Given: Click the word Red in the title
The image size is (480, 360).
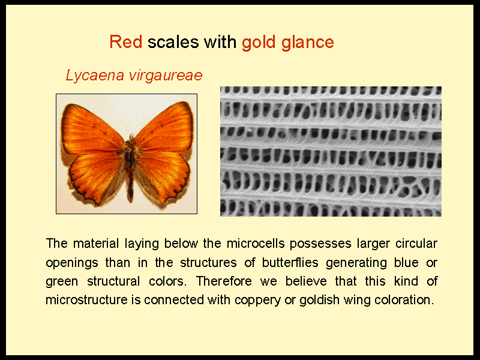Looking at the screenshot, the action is pyautogui.click(x=126, y=42).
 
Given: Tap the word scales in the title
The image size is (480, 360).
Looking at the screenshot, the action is pyautogui.click(x=173, y=42).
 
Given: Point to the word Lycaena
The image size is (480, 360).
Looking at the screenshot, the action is pyautogui.click(x=95, y=76).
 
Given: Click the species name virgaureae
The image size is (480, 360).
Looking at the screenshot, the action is pyautogui.click(x=166, y=76).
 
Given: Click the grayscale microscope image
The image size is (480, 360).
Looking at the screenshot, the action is pyautogui.click(x=331, y=151).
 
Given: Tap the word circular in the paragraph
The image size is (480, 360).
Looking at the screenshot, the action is pyautogui.click(x=416, y=244).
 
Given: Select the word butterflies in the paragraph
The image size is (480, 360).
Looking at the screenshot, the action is pyautogui.click(x=290, y=263).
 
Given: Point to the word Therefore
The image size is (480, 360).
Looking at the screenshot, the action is pyautogui.click(x=224, y=281).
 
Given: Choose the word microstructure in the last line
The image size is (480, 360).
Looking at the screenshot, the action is pyautogui.click(x=86, y=299).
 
